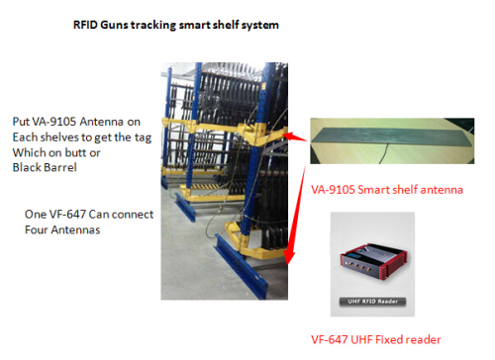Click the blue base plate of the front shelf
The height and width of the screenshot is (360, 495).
245,276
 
